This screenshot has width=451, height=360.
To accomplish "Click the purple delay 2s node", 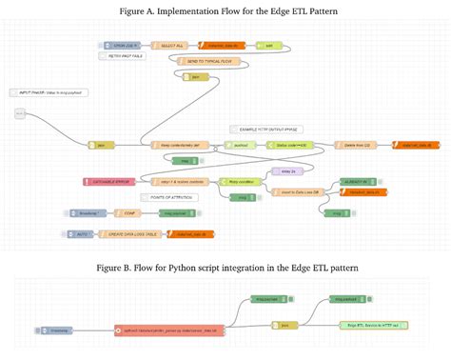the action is pyautogui.click(x=283, y=170).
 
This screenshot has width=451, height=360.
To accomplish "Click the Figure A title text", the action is pyautogui.click(x=225, y=11).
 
